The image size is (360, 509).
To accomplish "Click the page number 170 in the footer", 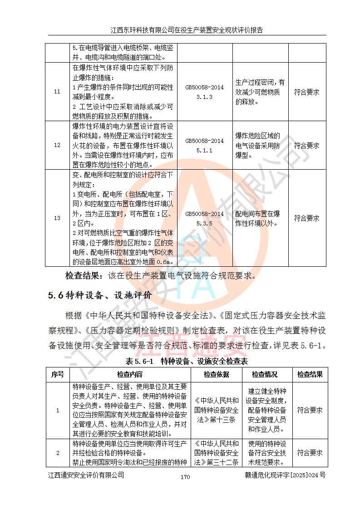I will [185, 477].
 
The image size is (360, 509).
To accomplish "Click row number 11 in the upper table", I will [57, 92].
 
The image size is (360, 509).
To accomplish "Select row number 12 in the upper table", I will [57, 146].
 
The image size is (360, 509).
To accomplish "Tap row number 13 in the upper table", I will [57, 218].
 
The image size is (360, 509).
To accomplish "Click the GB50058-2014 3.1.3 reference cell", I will [204, 92].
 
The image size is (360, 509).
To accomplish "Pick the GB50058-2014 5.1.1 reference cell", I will [204, 146].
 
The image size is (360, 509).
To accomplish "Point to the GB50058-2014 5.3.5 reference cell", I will [204, 218].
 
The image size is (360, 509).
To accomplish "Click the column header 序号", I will [58, 375].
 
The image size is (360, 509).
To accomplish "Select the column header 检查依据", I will [217, 375].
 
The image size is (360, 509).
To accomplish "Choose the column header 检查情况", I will [265, 375].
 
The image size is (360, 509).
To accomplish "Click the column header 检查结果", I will [310, 375].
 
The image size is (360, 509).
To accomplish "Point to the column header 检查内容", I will [130, 375].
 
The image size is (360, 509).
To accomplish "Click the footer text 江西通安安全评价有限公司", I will [86, 475].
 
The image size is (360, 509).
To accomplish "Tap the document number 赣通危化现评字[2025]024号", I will [285, 475].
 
